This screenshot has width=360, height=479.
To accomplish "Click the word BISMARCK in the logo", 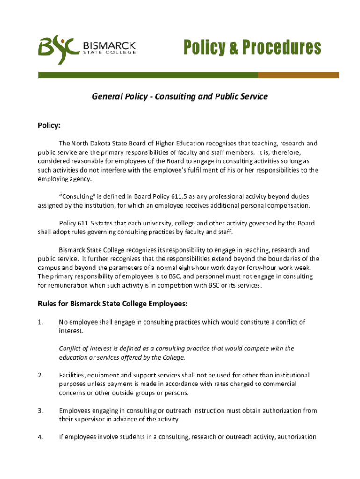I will coord(109,45).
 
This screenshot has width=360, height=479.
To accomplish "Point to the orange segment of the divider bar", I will coord(298,75).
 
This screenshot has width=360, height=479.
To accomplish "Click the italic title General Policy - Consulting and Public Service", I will coord(180,97).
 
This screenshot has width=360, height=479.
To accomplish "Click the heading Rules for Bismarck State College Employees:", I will coord(112,304).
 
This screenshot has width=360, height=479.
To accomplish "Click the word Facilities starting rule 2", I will coord(72,375).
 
